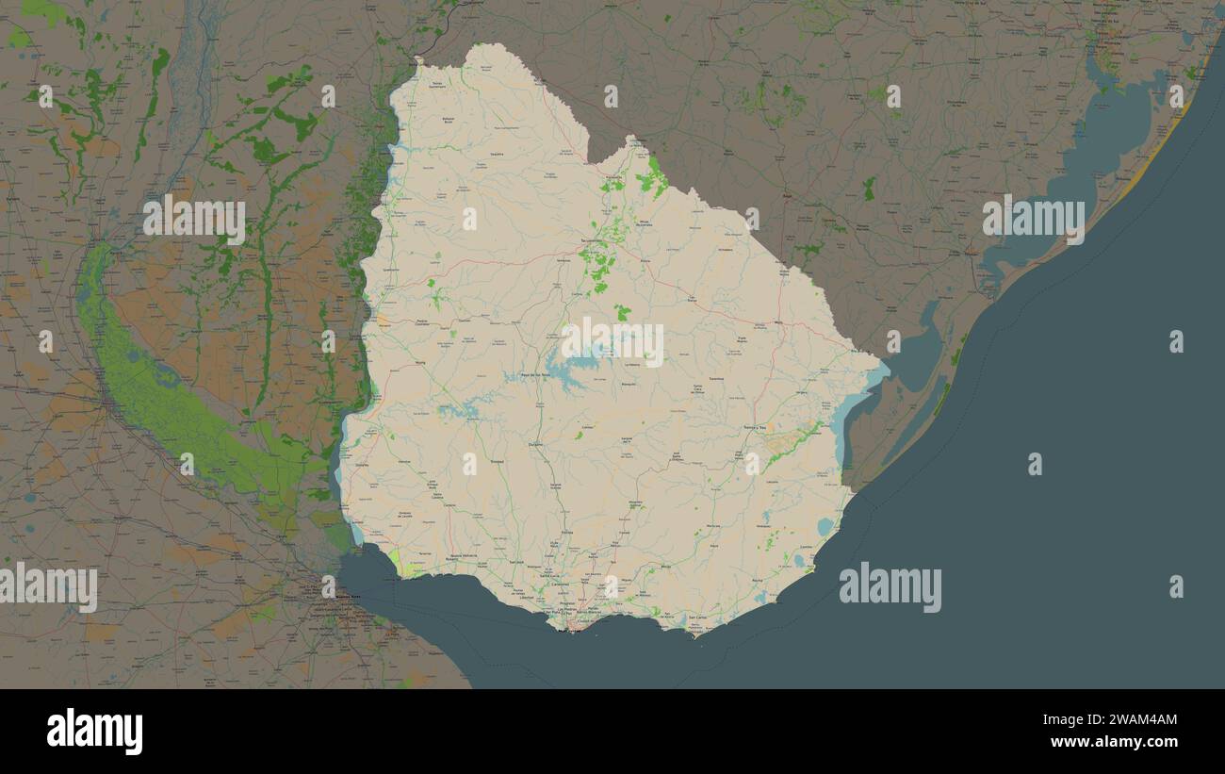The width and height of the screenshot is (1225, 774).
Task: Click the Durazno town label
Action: pos(536,442)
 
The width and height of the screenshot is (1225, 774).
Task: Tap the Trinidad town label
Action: pos(498,461)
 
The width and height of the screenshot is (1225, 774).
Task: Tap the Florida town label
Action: pos(566,533)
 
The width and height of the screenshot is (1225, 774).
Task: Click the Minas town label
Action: pos(665,567)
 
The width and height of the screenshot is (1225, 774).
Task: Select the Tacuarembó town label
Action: pos(591,241)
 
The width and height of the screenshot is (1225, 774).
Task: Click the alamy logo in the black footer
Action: pos(95,732)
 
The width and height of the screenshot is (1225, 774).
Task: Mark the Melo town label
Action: pos(778,323)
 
